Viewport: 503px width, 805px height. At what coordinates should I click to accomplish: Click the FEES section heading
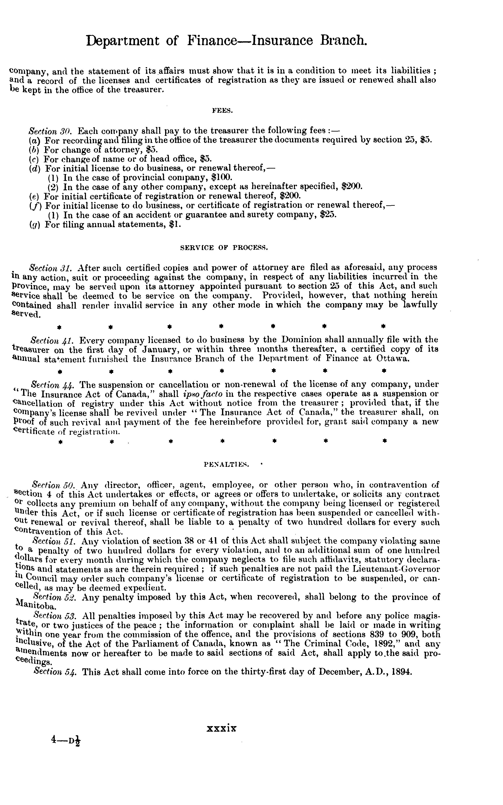[222, 111]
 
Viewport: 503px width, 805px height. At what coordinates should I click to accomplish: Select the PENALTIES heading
[226, 464]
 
